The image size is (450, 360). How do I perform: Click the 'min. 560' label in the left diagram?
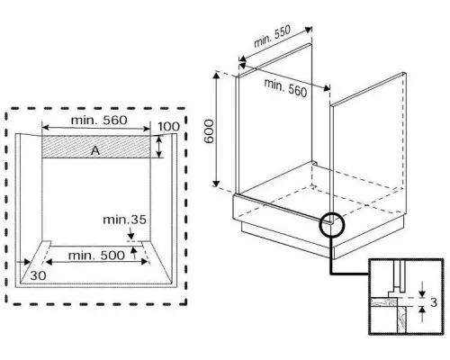pyautogui.click(x=97, y=119)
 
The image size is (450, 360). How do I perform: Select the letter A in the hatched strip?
pyautogui.click(x=94, y=151)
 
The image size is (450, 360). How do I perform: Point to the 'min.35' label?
pyautogui.click(x=122, y=220)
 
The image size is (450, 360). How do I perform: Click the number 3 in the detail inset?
pyautogui.click(x=433, y=302)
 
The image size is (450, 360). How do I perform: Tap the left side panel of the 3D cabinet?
pyautogui.click(x=270, y=126)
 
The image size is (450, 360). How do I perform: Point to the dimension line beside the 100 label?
pyautogui.click(x=158, y=147)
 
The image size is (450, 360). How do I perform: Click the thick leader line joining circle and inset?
pyautogui.click(x=351, y=268)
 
